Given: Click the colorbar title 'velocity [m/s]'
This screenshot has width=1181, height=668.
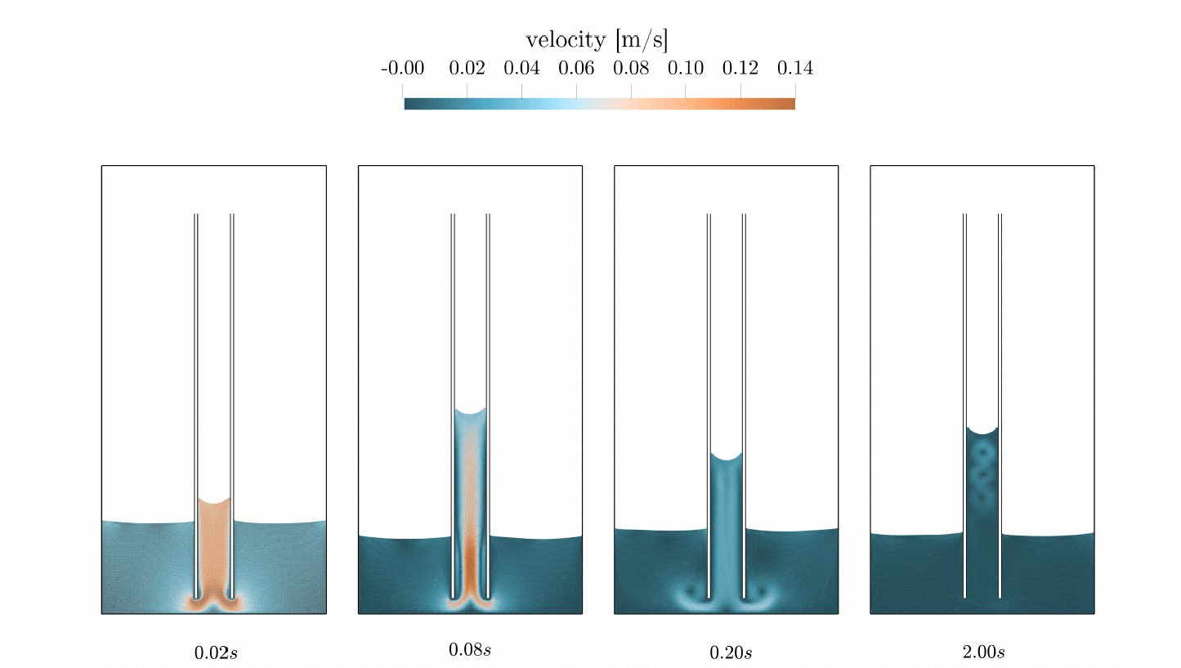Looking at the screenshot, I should (597, 40).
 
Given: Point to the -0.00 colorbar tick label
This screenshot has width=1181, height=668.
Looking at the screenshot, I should (403, 69).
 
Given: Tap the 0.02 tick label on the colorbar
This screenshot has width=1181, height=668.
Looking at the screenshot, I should (467, 69).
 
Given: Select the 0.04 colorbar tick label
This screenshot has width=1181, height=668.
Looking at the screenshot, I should (521, 69).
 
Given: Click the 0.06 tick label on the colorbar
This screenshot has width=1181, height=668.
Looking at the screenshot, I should (576, 69).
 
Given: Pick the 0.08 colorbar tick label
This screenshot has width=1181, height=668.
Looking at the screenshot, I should (631, 69).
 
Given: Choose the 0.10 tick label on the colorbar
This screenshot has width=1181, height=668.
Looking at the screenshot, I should (686, 69).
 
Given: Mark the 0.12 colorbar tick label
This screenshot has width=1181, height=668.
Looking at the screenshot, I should (740, 69).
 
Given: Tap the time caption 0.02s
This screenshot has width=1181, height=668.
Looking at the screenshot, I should (216, 652).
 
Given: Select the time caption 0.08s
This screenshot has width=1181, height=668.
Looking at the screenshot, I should (470, 650).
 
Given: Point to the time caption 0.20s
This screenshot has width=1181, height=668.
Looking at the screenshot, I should (731, 652).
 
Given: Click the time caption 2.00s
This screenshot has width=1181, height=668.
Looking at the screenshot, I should (983, 652).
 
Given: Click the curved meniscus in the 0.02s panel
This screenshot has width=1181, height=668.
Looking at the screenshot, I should (214, 500).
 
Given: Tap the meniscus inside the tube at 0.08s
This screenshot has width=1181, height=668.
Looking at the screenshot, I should (470, 410).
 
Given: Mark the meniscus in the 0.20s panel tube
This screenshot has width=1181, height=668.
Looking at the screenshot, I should (726, 455).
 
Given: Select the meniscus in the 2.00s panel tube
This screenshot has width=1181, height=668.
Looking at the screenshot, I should (982, 430).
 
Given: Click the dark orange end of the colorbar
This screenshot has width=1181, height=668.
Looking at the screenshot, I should (789, 103).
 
